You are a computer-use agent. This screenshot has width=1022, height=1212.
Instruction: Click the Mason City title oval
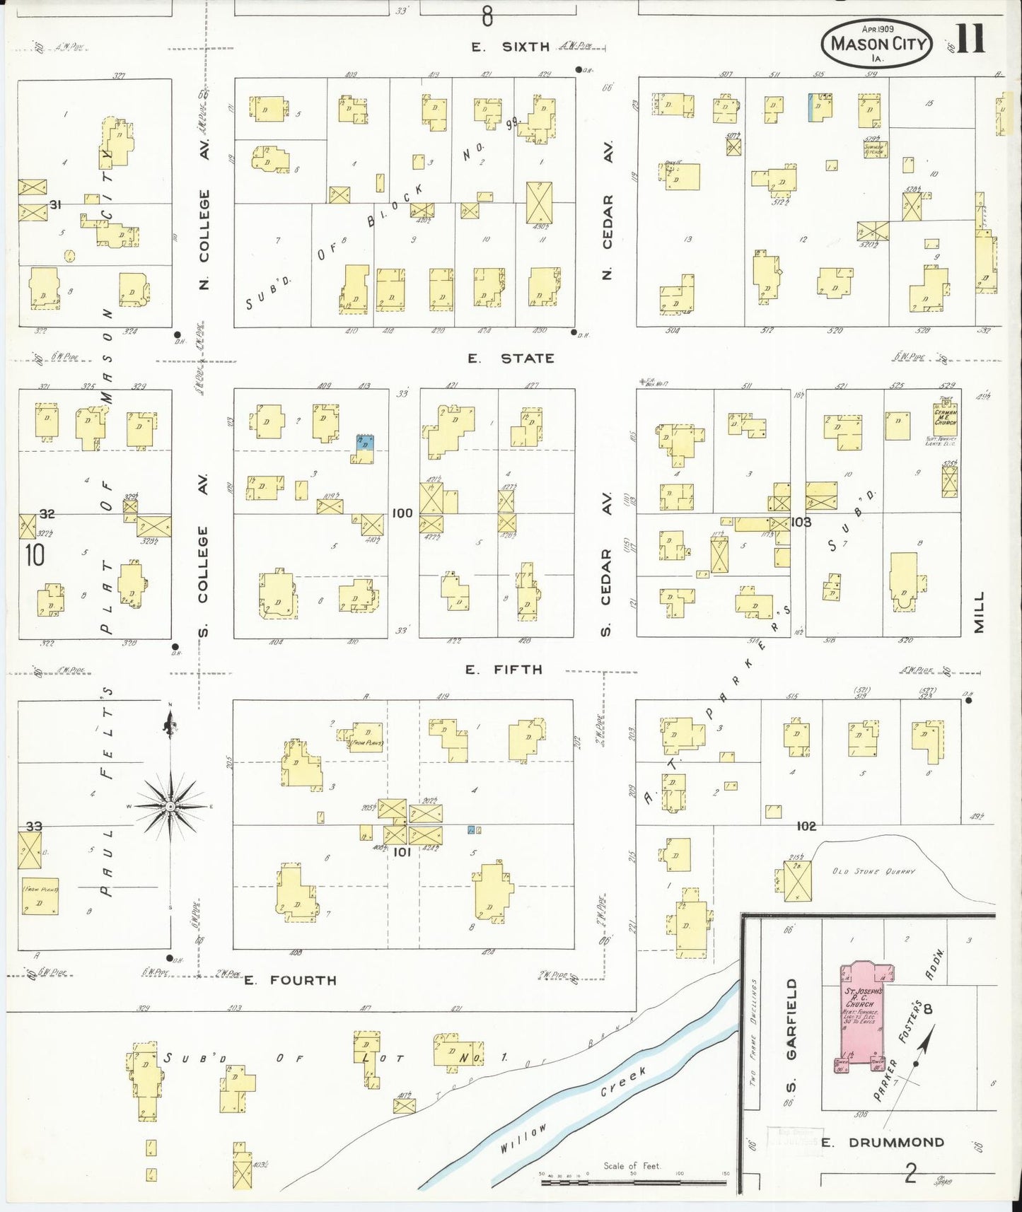pos(878,43)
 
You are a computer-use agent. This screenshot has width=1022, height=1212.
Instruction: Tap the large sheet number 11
pos(970,40)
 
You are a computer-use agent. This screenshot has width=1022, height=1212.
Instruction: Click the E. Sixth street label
pos(511,47)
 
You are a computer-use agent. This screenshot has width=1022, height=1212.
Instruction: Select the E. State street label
pos(510,359)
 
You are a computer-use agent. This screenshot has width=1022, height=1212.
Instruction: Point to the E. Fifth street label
pos(504,669)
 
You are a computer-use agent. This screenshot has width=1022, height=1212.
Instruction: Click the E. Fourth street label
pos(290,980)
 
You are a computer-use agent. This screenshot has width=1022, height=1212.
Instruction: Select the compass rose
pos(170,806)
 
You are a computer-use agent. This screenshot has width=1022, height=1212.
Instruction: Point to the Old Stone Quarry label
pos(873,871)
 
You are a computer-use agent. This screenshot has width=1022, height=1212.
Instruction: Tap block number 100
pos(402,513)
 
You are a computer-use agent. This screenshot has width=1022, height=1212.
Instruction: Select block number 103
pos(801,522)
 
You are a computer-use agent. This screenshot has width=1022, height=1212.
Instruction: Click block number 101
pos(402,852)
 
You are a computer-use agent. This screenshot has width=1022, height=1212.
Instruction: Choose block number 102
pos(806,825)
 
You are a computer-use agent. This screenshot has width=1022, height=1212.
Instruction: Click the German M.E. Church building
pos(946,417)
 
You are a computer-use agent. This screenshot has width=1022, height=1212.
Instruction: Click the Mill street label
pos(979,612)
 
